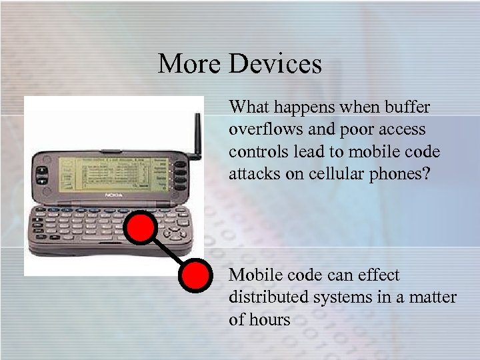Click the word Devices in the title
tap(275, 64)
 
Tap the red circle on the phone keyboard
tap(141, 228)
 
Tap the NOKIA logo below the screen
tap(113, 195)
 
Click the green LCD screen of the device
tap(111, 173)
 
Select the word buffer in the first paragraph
tap(407, 107)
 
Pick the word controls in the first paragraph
tap(254, 151)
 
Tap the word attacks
tap(253, 173)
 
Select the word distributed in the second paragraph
tap(264, 297)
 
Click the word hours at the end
tap(270, 319)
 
